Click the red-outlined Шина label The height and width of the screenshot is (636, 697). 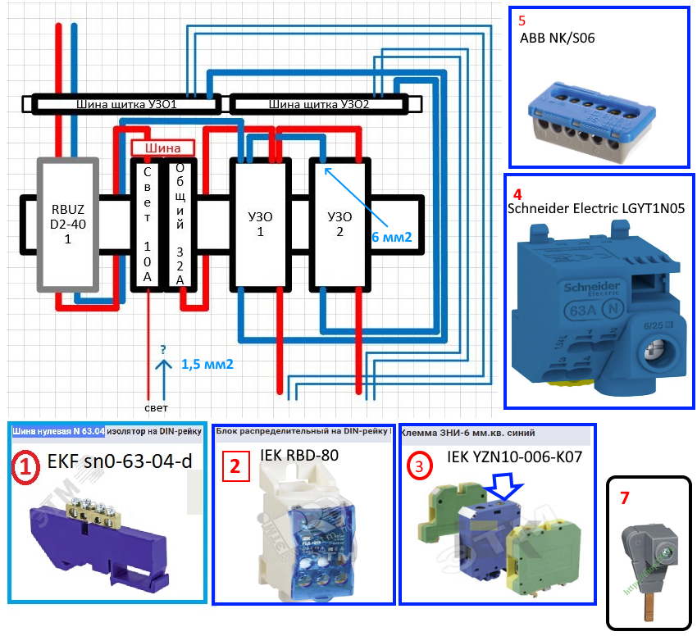[162, 148]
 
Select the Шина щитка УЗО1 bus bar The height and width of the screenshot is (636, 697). [127, 105]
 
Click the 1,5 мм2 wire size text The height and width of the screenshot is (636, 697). [207, 363]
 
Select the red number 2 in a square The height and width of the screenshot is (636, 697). [235, 467]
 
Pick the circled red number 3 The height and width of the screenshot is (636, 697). [420, 466]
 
